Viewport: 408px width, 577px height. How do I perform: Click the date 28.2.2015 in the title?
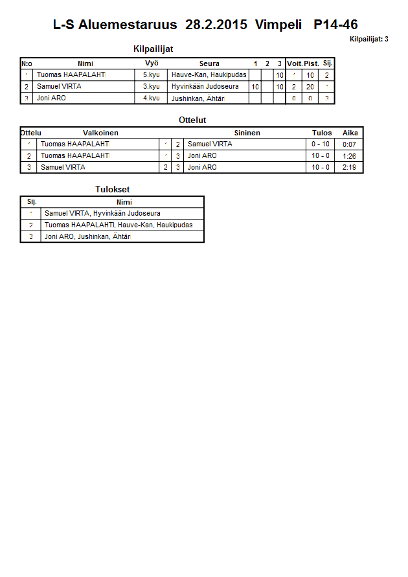pos(216,25)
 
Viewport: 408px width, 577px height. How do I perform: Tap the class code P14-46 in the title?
pos(335,25)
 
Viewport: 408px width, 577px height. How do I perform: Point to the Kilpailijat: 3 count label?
pos(368,40)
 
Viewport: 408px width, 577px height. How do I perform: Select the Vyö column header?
pos(152,63)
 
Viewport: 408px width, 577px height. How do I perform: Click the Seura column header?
pos(209,63)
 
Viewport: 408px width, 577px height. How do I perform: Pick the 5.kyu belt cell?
pos(151,75)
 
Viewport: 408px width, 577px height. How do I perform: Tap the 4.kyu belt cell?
pos(151,98)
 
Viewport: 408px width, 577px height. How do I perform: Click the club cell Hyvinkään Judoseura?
pos(205,87)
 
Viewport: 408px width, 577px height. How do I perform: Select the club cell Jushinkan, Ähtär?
pos(198,98)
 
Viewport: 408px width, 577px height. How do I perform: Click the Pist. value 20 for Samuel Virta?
pos(310,87)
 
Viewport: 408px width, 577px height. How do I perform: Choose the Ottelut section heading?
pos(192,120)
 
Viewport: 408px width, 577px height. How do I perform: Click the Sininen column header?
pos(247,133)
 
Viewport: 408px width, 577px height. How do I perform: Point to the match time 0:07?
pos(350,144)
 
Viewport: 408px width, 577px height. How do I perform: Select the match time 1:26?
pos(350,156)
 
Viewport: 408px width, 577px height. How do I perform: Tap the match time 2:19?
pos(350,168)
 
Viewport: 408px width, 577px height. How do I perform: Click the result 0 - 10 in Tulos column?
pos(321,144)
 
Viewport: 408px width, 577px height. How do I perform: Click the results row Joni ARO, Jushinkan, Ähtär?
pos(87,237)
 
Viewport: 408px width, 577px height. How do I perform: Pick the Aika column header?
pos(350,133)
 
